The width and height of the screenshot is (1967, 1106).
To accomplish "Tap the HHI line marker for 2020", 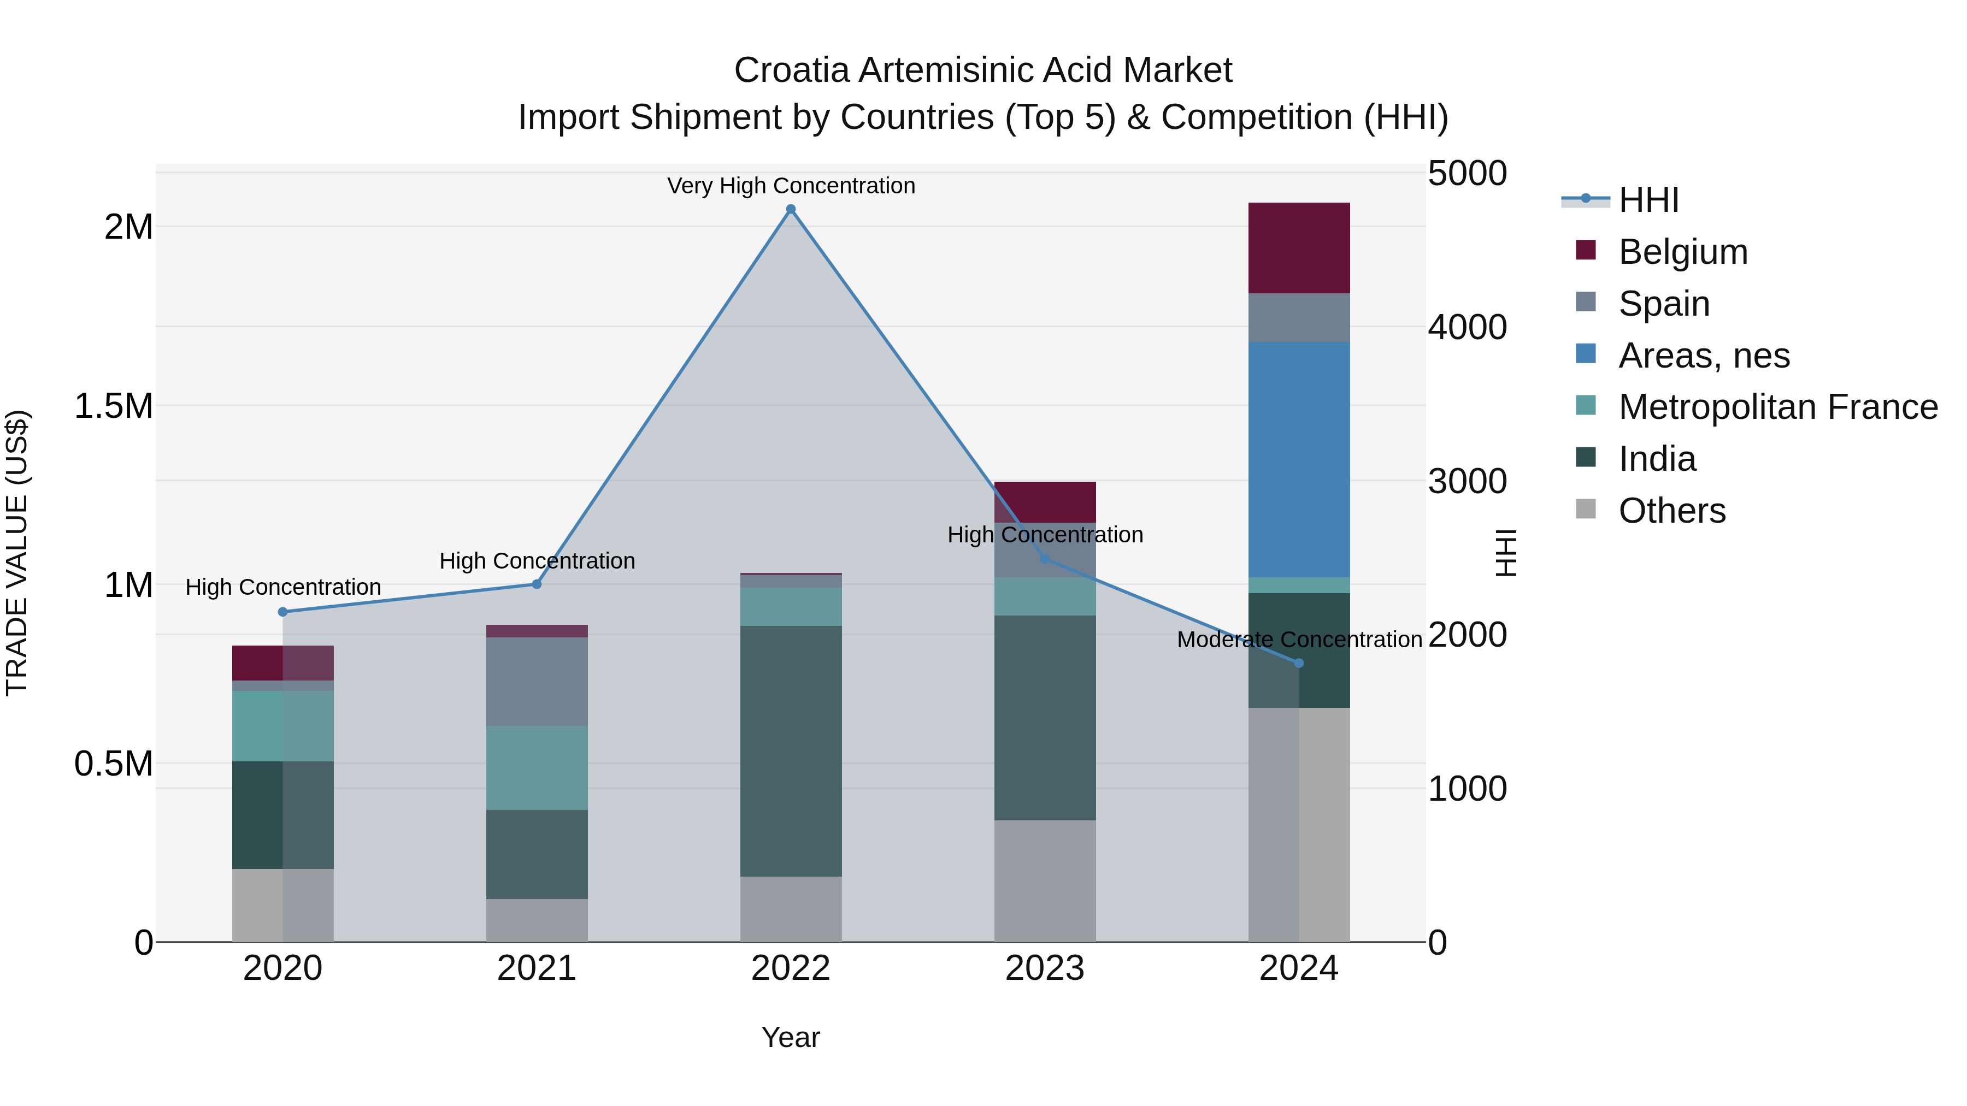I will tap(282, 611).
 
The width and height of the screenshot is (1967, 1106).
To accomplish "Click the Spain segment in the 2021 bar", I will tap(537, 681).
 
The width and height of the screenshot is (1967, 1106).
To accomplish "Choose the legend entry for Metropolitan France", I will tap(1777, 407).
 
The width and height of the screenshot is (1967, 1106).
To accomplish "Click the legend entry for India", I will tap(1657, 459).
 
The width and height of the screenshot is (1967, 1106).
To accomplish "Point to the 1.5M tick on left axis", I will tap(113, 406).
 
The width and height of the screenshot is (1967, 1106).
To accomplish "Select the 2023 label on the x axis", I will tap(1045, 968).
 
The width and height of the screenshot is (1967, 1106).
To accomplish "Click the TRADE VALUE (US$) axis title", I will tap(17, 553).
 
